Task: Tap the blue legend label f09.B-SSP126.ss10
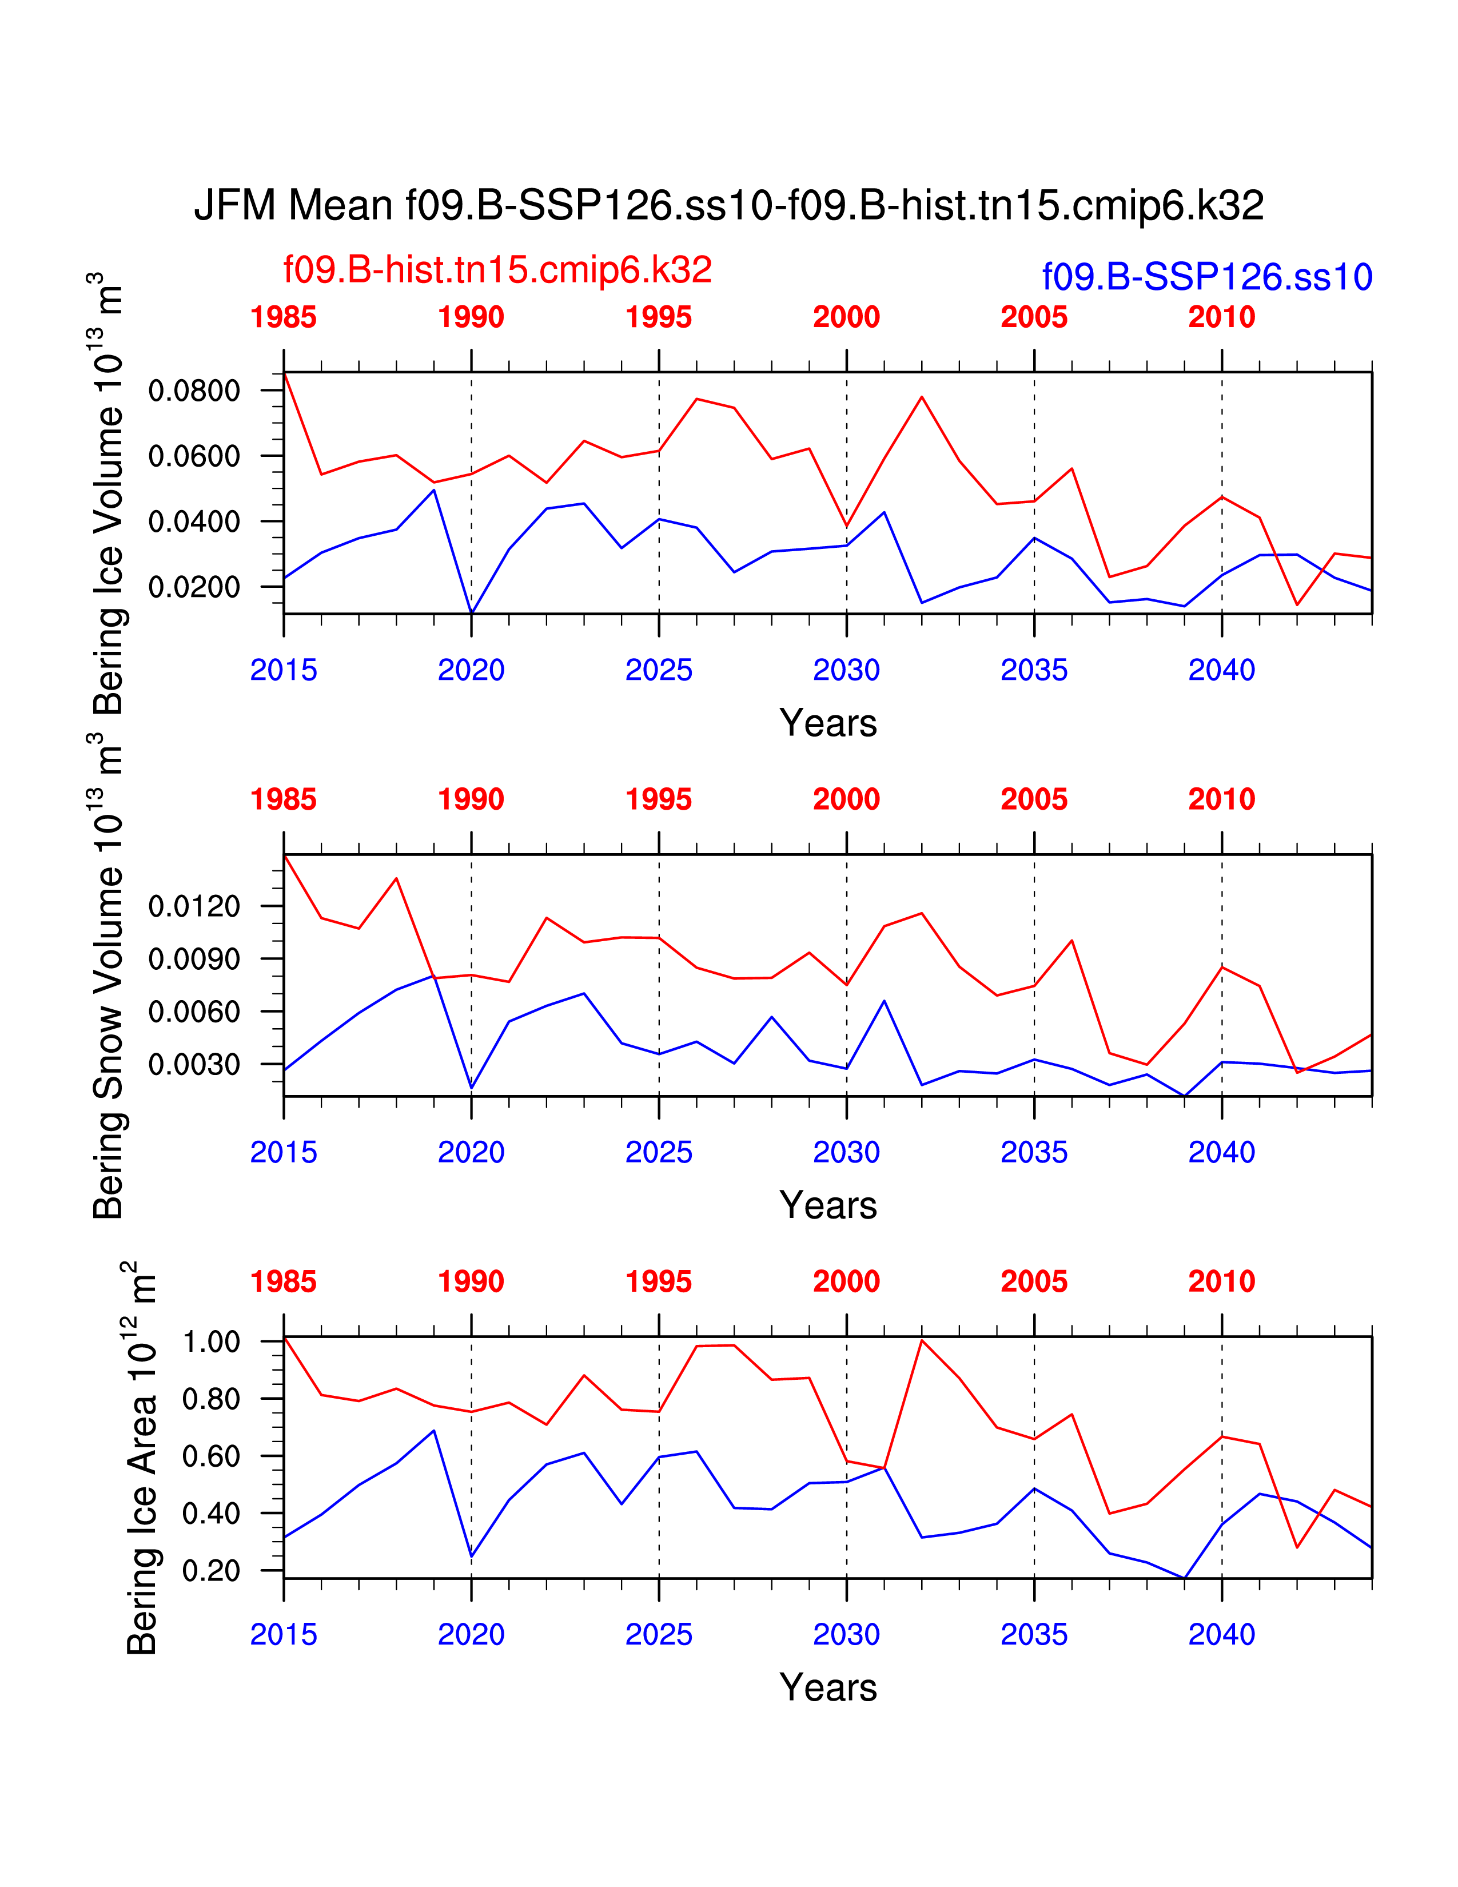click(x=1206, y=277)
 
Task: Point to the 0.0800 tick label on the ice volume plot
click(x=194, y=391)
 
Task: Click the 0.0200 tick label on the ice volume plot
click(x=194, y=587)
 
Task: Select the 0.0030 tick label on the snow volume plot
click(x=194, y=1065)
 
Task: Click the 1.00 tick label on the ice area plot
click(x=211, y=1342)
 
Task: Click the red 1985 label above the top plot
click(x=283, y=317)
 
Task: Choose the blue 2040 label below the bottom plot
click(x=1221, y=1635)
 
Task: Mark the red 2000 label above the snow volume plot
click(x=846, y=799)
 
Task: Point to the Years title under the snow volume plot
click(x=827, y=1205)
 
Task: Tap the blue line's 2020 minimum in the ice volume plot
click(x=472, y=612)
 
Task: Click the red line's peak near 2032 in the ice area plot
click(x=922, y=1340)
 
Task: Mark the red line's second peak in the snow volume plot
click(x=396, y=879)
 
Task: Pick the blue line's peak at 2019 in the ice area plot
click(x=433, y=1431)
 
